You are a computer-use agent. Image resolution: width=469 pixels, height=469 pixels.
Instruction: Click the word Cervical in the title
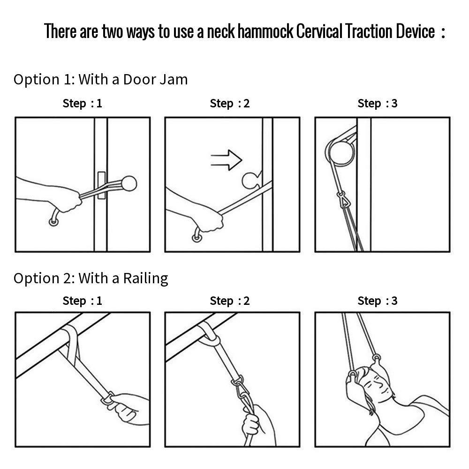pos(319,31)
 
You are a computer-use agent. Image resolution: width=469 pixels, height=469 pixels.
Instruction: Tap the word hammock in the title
pos(265,31)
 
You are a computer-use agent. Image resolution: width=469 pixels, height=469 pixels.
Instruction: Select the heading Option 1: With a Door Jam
pos(100,80)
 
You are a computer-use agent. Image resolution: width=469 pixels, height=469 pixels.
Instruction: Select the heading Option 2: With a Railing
pos(91,279)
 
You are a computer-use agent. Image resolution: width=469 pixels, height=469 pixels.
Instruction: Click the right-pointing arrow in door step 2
pos(227,160)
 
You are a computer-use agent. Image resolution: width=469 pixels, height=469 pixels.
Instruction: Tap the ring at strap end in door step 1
pos(53,222)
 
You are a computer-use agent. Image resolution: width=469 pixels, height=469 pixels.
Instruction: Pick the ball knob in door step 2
pos(250,181)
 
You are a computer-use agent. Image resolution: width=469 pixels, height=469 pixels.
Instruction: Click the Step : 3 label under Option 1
pos(378,104)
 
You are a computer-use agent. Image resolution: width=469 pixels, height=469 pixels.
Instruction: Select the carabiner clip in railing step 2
pos(240,390)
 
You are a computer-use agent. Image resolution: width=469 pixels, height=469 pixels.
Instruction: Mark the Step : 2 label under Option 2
pos(230,301)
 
